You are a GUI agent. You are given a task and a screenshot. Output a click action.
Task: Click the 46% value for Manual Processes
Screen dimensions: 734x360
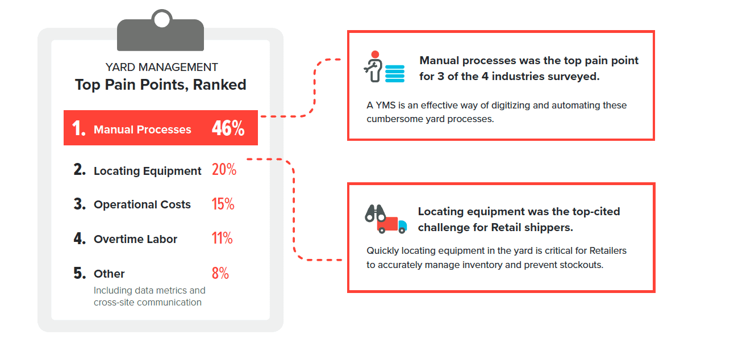(228, 128)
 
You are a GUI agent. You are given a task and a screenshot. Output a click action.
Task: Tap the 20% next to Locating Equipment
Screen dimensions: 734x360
(224, 169)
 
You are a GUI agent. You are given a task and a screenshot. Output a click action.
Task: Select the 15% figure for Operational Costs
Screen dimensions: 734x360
(223, 204)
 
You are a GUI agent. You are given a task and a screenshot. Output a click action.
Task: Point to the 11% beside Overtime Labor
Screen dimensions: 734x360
(222, 238)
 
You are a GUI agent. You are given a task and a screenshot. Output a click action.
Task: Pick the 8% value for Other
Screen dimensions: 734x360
(220, 273)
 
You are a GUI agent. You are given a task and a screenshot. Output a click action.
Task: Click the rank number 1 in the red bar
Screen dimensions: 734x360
(78, 128)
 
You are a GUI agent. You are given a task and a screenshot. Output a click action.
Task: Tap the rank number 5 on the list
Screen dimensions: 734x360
(80, 273)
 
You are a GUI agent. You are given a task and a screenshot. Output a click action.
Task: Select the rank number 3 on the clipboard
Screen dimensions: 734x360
(80, 204)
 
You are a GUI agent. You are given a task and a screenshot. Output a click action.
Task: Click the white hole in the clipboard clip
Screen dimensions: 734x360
(161, 20)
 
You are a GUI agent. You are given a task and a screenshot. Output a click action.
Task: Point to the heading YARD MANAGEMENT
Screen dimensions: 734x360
(161, 67)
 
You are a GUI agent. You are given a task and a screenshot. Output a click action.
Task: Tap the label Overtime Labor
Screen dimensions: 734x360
(135, 239)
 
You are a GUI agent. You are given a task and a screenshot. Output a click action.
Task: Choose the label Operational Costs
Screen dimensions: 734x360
(142, 204)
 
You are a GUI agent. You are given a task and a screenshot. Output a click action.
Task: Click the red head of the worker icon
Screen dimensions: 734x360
(375, 55)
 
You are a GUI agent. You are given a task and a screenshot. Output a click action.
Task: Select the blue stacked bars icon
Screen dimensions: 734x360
(394, 74)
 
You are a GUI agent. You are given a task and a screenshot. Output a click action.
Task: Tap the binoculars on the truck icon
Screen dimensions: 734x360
(375, 214)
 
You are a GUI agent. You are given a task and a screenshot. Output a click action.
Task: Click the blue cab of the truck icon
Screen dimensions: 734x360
(402, 225)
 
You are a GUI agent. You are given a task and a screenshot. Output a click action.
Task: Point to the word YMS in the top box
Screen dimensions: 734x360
(386, 105)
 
